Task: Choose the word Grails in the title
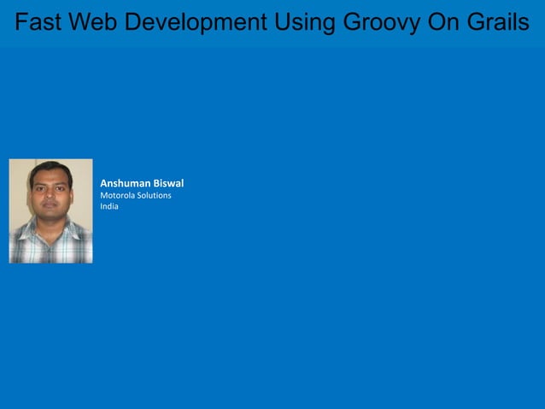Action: point(499,22)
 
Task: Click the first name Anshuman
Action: point(125,183)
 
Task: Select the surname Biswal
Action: point(168,183)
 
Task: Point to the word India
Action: point(109,206)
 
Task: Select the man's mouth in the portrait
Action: point(49,205)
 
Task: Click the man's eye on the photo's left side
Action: point(40,186)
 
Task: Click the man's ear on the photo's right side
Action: point(72,191)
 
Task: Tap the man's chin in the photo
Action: point(49,215)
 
